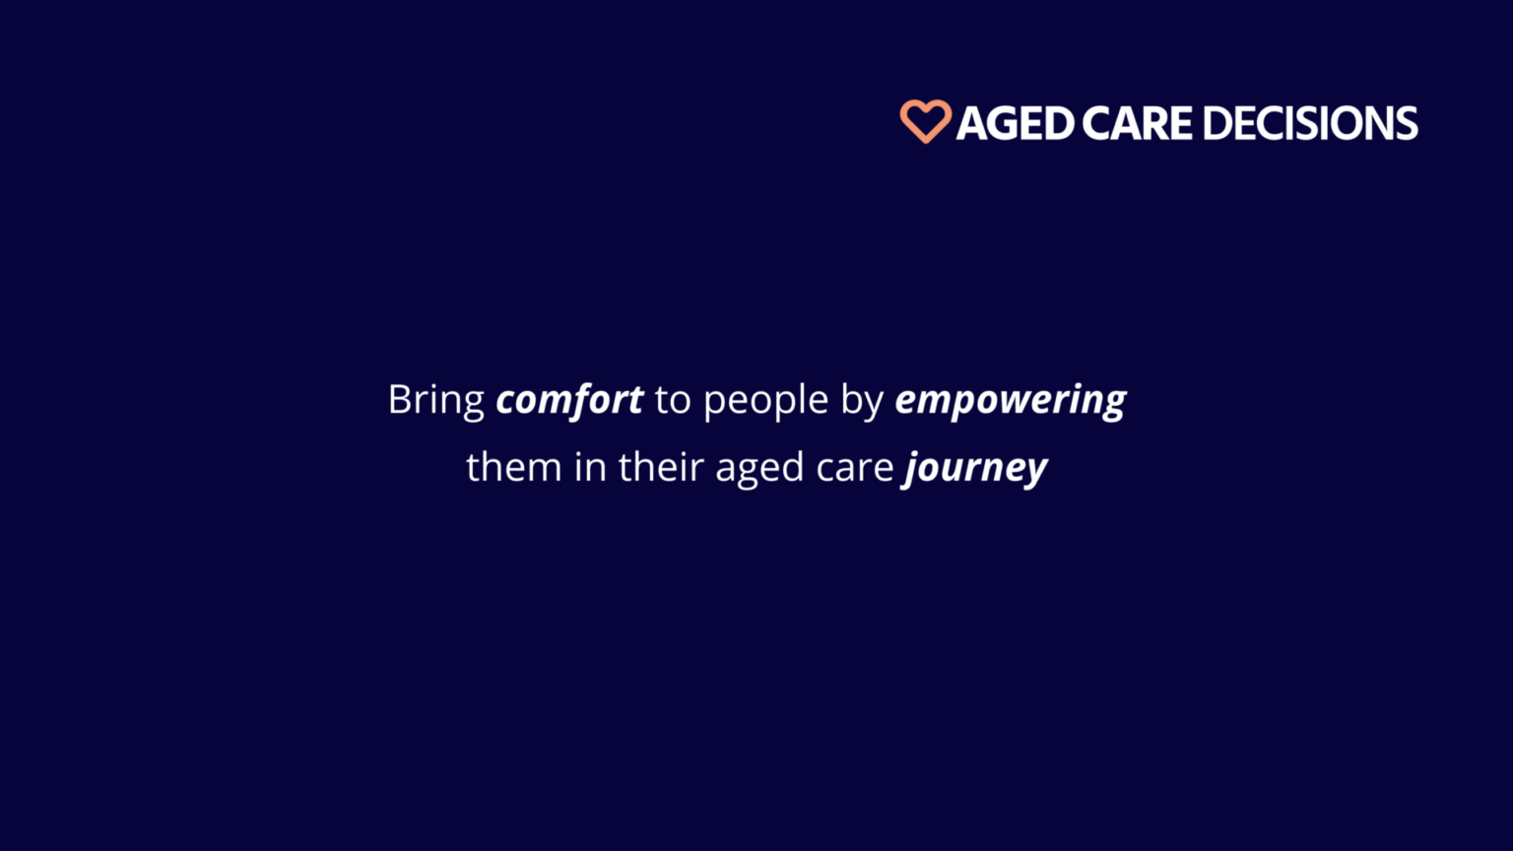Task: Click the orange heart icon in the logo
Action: [925, 121]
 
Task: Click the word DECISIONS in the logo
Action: [1309, 124]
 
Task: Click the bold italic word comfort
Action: [569, 401]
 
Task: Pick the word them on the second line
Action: [513, 467]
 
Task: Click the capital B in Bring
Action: [399, 400]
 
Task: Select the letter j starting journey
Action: [912, 469]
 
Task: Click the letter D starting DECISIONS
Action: [1216, 124]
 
